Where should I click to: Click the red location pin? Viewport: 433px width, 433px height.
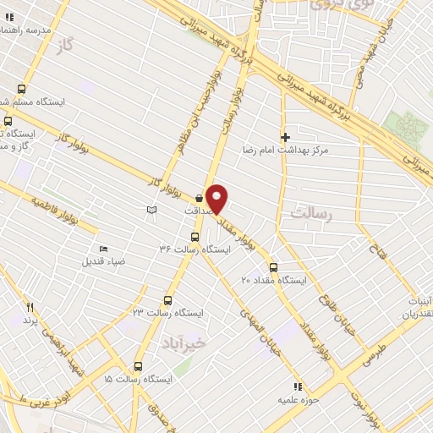pyautogui.click(x=217, y=198)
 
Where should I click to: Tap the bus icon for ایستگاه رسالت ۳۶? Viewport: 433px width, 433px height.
pyautogui.click(x=195, y=238)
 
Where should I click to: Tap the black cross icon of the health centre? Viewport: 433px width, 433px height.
pyautogui.click(x=285, y=136)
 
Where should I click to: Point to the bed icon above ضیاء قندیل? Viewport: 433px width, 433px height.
pyautogui.click(x=103, y=249)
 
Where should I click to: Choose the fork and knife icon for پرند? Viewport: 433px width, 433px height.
pyautogui.click(x=30, y=308)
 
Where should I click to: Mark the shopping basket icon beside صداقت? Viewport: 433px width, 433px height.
pyautogui.click(x=198, y=197)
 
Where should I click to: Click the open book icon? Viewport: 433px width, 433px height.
pyautogui.click(x=152, y=210)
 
